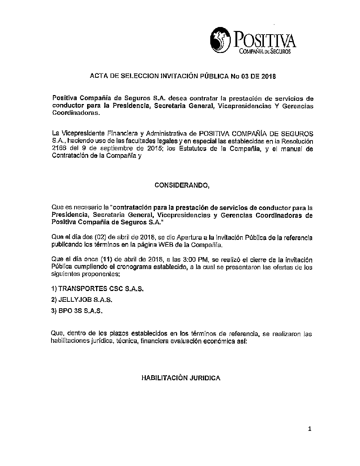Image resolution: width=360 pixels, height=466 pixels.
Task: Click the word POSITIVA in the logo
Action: point(265,40)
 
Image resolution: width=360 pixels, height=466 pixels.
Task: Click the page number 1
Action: point(309,429)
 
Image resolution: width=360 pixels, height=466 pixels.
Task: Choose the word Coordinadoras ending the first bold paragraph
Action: point(75,113)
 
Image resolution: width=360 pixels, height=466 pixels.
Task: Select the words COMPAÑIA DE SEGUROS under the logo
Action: point(265,52)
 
